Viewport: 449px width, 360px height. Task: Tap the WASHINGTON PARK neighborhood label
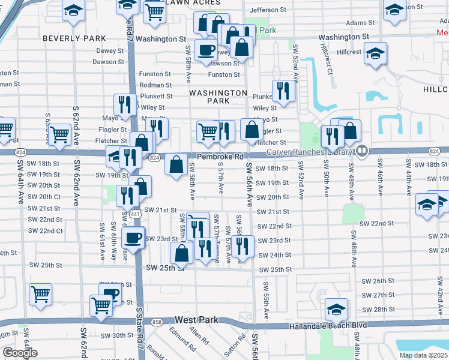tap(218, 98)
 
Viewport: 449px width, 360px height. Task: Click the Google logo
tap(20, 353)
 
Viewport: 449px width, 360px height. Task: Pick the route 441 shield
tap(136, 214)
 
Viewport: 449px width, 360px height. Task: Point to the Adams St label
tap(361, 23)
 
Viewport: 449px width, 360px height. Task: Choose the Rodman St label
tap(155, 85)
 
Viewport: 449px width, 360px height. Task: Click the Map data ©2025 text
tap(424, 355)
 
